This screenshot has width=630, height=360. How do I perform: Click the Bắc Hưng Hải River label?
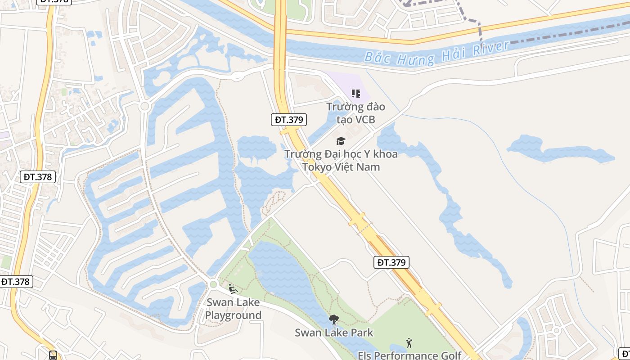(436, 53)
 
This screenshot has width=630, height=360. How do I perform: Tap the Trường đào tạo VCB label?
(355, 113)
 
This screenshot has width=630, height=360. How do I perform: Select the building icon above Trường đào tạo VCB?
(356, 94)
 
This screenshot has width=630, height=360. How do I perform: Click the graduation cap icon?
(341, 141)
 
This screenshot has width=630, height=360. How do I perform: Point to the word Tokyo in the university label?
(316, 167)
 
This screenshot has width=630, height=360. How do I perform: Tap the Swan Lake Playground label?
(233, 308)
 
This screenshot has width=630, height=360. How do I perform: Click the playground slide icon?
(233, 288)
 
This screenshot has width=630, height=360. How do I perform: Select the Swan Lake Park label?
(334, 333)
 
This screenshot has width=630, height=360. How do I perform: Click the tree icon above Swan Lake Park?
(333, 319)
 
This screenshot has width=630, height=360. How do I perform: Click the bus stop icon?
(53, 355)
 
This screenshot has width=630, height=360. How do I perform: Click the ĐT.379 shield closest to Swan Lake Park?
(391, 262)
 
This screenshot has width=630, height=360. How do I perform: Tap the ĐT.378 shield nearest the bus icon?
(16, 282)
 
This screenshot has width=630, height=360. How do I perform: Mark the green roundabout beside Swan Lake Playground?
(213, 284)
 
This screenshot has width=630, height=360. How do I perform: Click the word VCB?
(364, 120)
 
